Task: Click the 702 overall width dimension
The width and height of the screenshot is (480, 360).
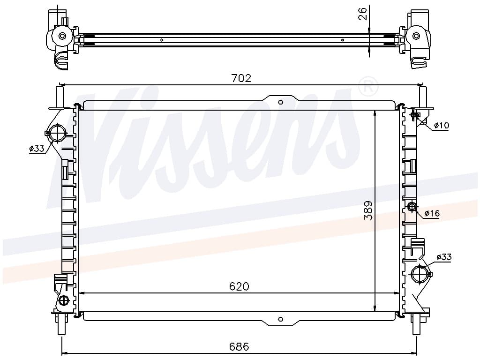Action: click(x=241, y=78)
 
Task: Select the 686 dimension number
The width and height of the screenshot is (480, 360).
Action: click(x=239, y=346)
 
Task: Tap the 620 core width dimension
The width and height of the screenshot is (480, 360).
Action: click(x=239, y=286)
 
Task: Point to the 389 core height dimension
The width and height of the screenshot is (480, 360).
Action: click(x=368, y=210)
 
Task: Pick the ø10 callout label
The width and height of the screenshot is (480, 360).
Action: click(x=442, y=125)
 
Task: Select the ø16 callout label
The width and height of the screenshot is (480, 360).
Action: click(x=432, y=213)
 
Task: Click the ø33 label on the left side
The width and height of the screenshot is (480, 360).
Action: click(x=37, y=149)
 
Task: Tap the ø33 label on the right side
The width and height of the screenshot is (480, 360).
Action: click(x=444, y=257)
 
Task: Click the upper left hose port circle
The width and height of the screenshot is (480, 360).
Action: click(x=57, y=133)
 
